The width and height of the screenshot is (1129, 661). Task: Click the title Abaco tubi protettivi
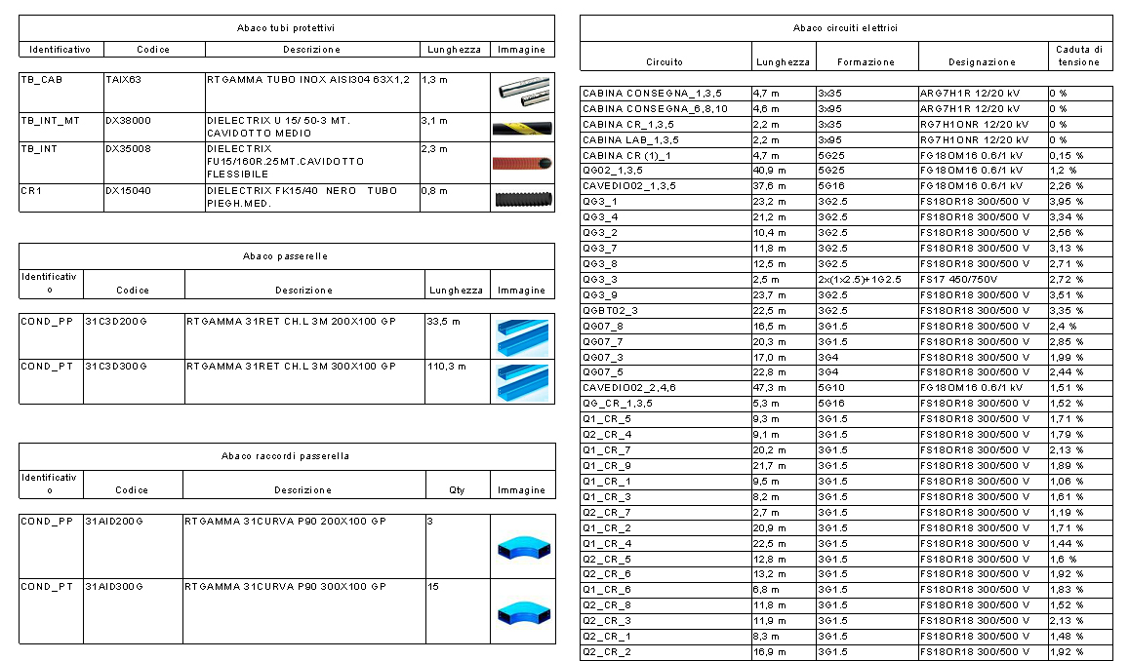tap(287, 28)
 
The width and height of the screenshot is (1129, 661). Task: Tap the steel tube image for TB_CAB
tap(521, 92)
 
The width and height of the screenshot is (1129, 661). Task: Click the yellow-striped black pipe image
tap(521, 128)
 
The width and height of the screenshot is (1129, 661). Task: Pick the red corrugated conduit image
tap(521, 163)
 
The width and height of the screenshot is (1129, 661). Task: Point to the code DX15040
tap(128, 191)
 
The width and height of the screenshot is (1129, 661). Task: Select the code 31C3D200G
tap(115, 321)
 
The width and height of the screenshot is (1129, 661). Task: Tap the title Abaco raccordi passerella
tap(285, 456)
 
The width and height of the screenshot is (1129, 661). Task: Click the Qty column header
tap(457, 490)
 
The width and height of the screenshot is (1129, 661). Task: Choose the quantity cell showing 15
tap(432, 587)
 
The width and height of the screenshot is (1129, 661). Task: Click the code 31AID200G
tap(114, 522)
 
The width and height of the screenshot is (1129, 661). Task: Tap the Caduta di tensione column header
tap(1079, 56)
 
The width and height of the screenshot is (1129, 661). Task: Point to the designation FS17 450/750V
tap(960, 279)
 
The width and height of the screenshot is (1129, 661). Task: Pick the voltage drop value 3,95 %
tap(1067, 201)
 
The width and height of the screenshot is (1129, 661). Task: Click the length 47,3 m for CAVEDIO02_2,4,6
tap(769, 387)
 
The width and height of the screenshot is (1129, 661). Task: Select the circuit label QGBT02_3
tap(610, 310)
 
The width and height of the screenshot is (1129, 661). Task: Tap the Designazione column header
tap(982, 62)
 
